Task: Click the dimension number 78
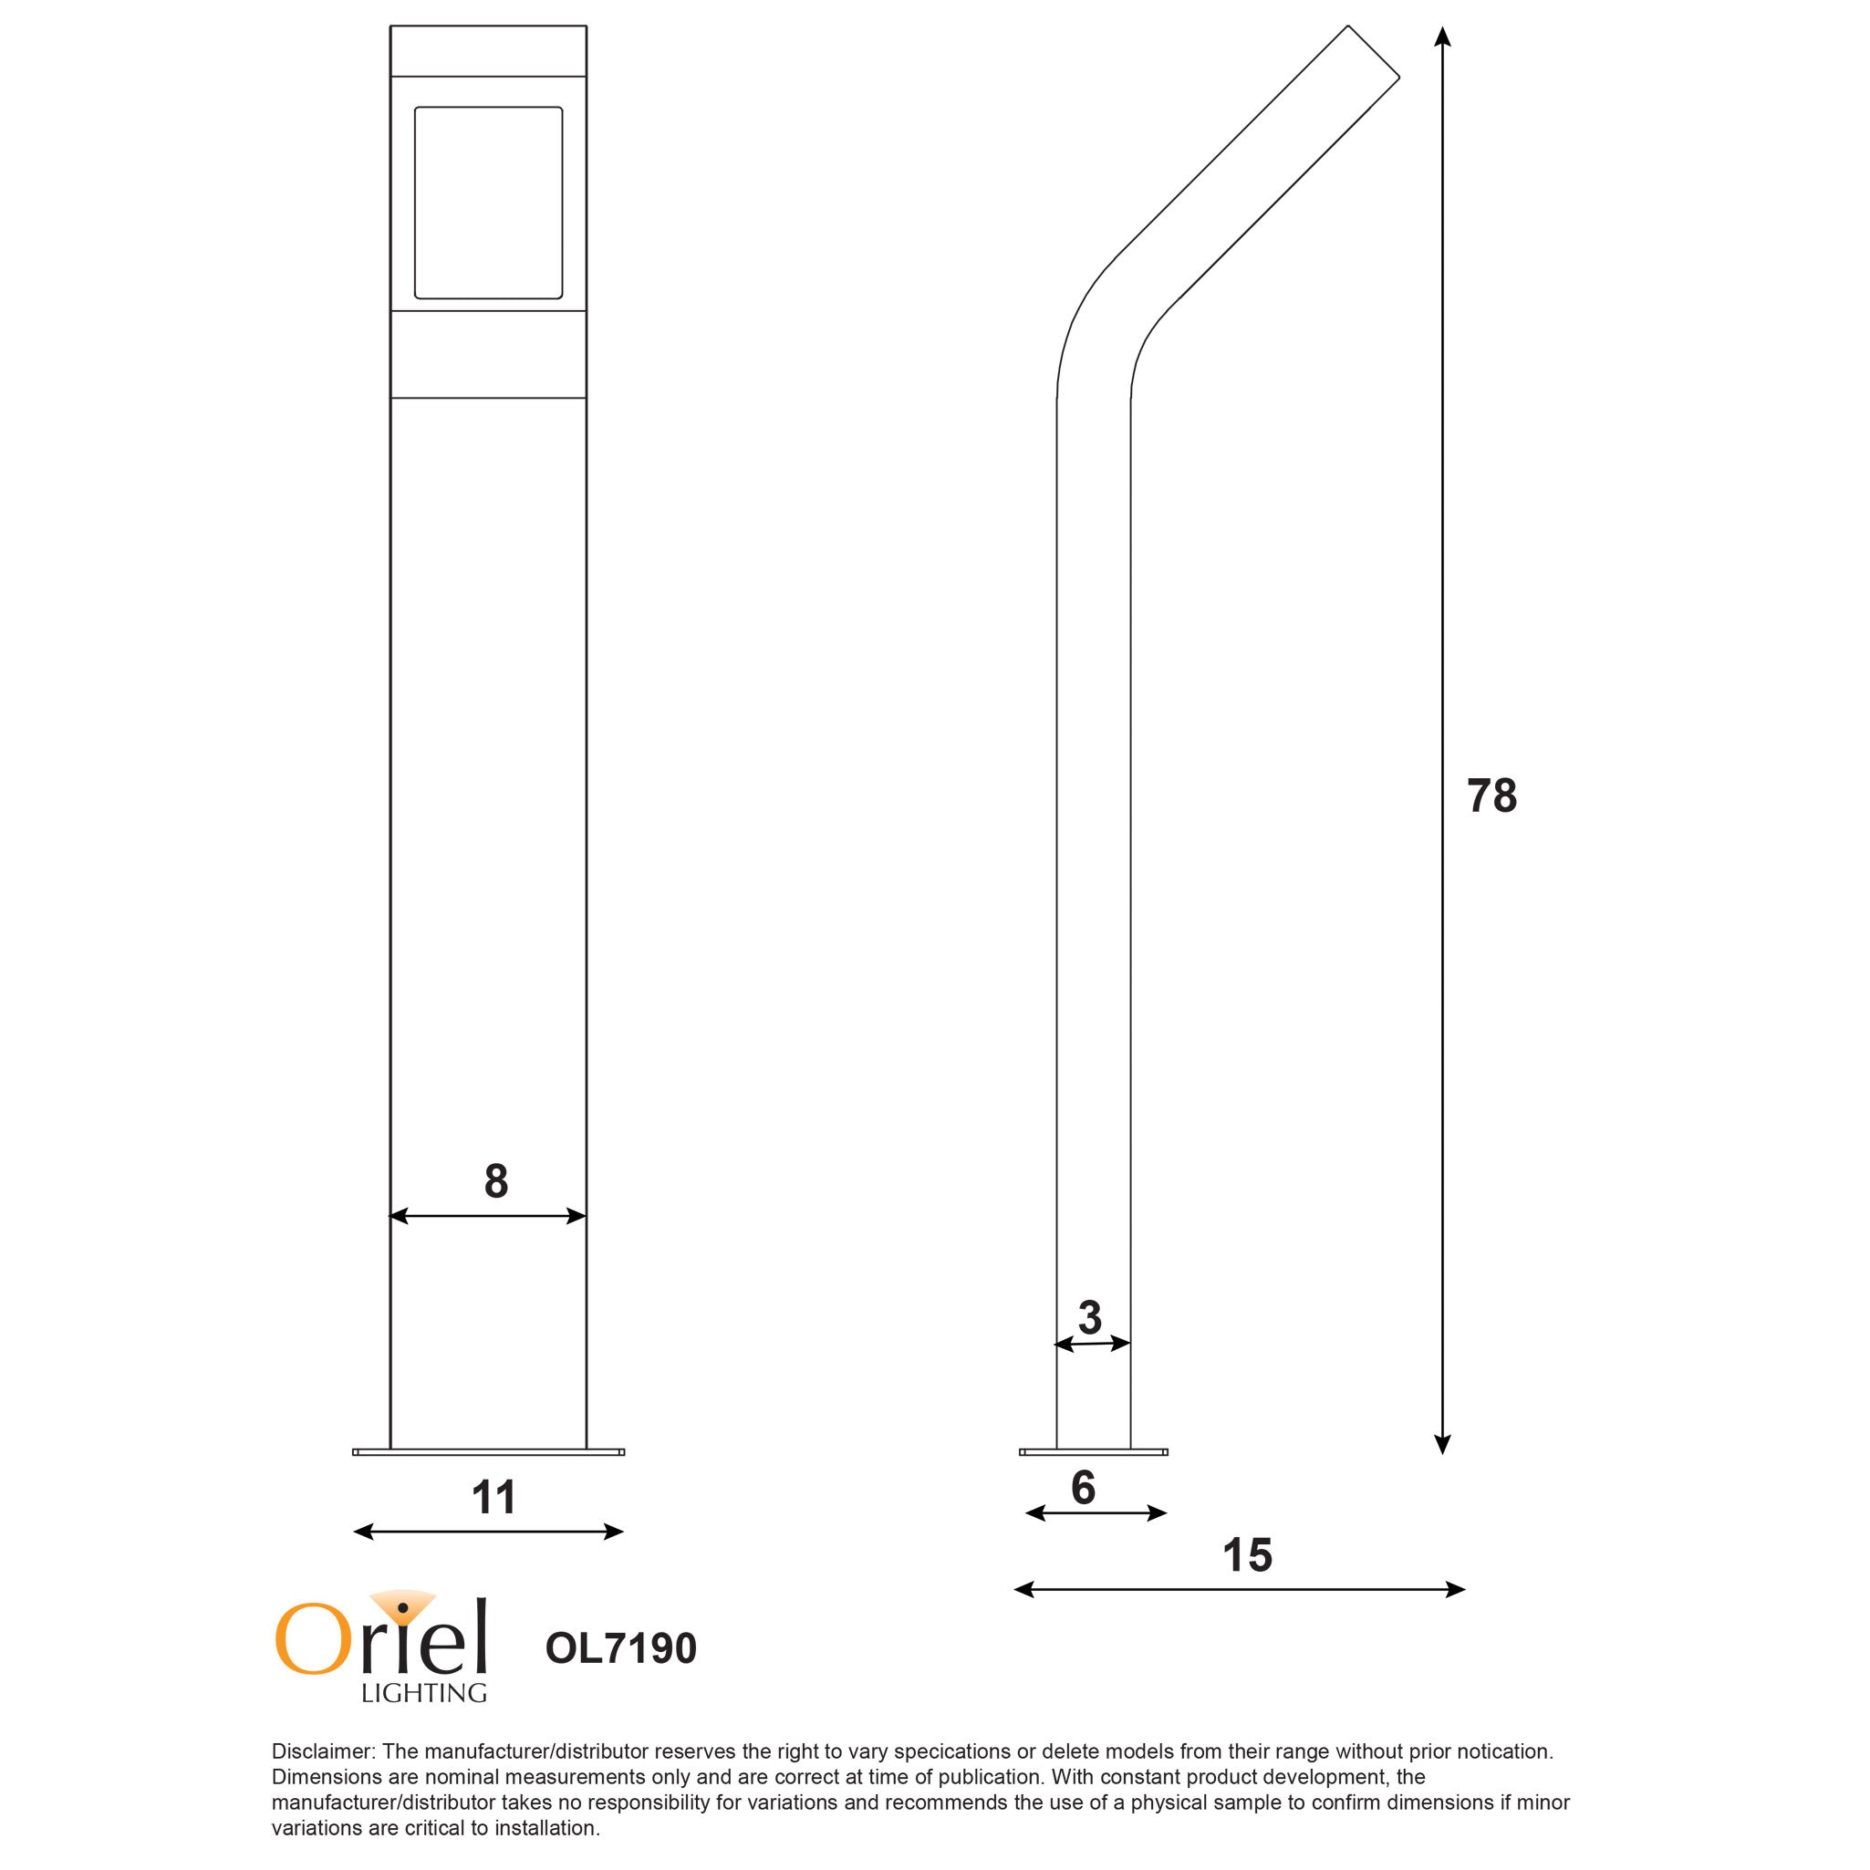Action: pyautogui.click(x=1491, y=795)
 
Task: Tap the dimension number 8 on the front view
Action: pyautogui.click(x=495, y=1181)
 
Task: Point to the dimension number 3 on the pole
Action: pyautogui.click(x=1090, y=1317)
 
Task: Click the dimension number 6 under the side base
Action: pyautogui.click(x=1083, y=1488)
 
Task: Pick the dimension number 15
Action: pyautogui.click(x=1247, y=1555)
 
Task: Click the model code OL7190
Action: pyautogui.click(x=620, y=1648)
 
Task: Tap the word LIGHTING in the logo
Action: pyautogui.click(x=424, y=1693)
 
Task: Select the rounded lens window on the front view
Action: pyautogui.click(x=488, y=203)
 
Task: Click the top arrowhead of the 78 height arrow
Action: pyautogui.click(x=1442, y=36)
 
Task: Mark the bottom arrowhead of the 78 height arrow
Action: pyautogui.click(x=1442, y=1444)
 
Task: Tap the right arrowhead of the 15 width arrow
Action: pyautogui.click(x=1456, y=1589)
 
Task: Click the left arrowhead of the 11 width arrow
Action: pyautogui.click(x=363, y=1532)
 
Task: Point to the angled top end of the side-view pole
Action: pyautogui.click(x=1374, y=52)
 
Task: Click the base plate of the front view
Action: pyautogui.click(x=488, y=1452)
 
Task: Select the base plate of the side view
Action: pyautogui.click(x=1093, y=1452)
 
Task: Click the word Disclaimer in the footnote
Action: pyautogui.click(x=322, y=1751)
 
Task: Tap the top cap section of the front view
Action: pyautogui.click(x=488, y=51)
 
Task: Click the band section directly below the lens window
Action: pyautogui.click(x=488, y=354)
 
